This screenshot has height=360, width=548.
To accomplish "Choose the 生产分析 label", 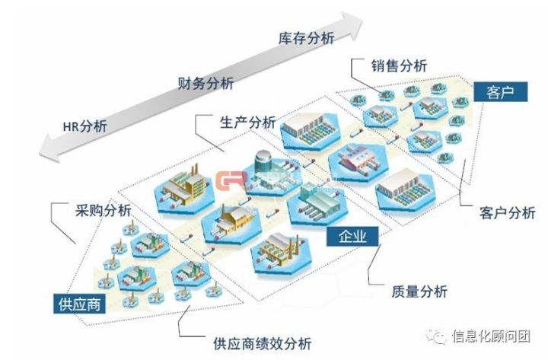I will tap(247, 122).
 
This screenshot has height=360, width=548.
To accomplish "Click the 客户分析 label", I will tap(508, 212).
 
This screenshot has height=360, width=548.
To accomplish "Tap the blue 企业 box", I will tap(352, 236).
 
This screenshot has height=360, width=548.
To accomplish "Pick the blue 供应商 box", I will tap(79, 305).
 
